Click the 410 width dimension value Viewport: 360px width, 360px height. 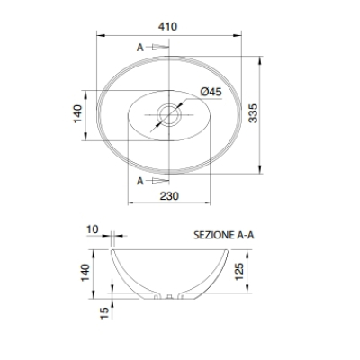[x=168, y=26]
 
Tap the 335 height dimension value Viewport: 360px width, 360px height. [x=254, y=113]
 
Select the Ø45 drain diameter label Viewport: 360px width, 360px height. [x=211, y=92]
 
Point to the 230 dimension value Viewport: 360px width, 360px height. [x=169, y=196]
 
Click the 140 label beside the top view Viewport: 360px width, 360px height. [x=78, y=113]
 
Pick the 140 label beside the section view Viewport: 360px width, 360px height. [x=85, y=273]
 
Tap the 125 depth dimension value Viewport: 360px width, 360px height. [x=239, y=272]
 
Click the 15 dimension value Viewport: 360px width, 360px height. [x=104, y=312]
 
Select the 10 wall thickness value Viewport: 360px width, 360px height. [x=93, y=229]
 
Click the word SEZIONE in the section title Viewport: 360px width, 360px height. [x=213, y=235]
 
